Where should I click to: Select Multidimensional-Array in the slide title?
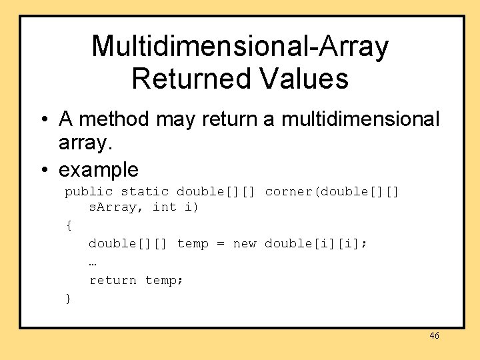pos(239,46)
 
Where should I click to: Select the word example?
pos(99,170)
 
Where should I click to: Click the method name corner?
pos(289,192)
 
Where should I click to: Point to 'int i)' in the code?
pos(175,207)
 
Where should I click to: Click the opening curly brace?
pos(68,225)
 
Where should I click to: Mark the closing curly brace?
pos(68,299)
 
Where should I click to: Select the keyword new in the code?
pos(244,244)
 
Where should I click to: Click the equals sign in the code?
pos(221,244)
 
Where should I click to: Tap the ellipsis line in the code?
pos(93,262)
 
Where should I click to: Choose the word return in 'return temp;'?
pos(113,281)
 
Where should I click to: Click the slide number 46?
pos(434,336)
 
